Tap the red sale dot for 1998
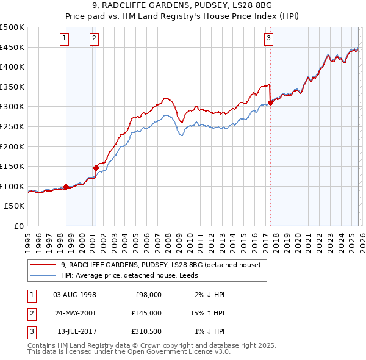coord(66,187)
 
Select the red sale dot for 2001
coord(96,168)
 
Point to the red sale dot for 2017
coord(270,103)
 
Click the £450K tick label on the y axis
coord(12,47)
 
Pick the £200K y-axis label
coord(12,146)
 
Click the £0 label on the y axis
coord(18,226)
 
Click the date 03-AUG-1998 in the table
coord(75,295)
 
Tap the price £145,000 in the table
coord(146,313)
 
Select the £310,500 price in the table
coord(146,331)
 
